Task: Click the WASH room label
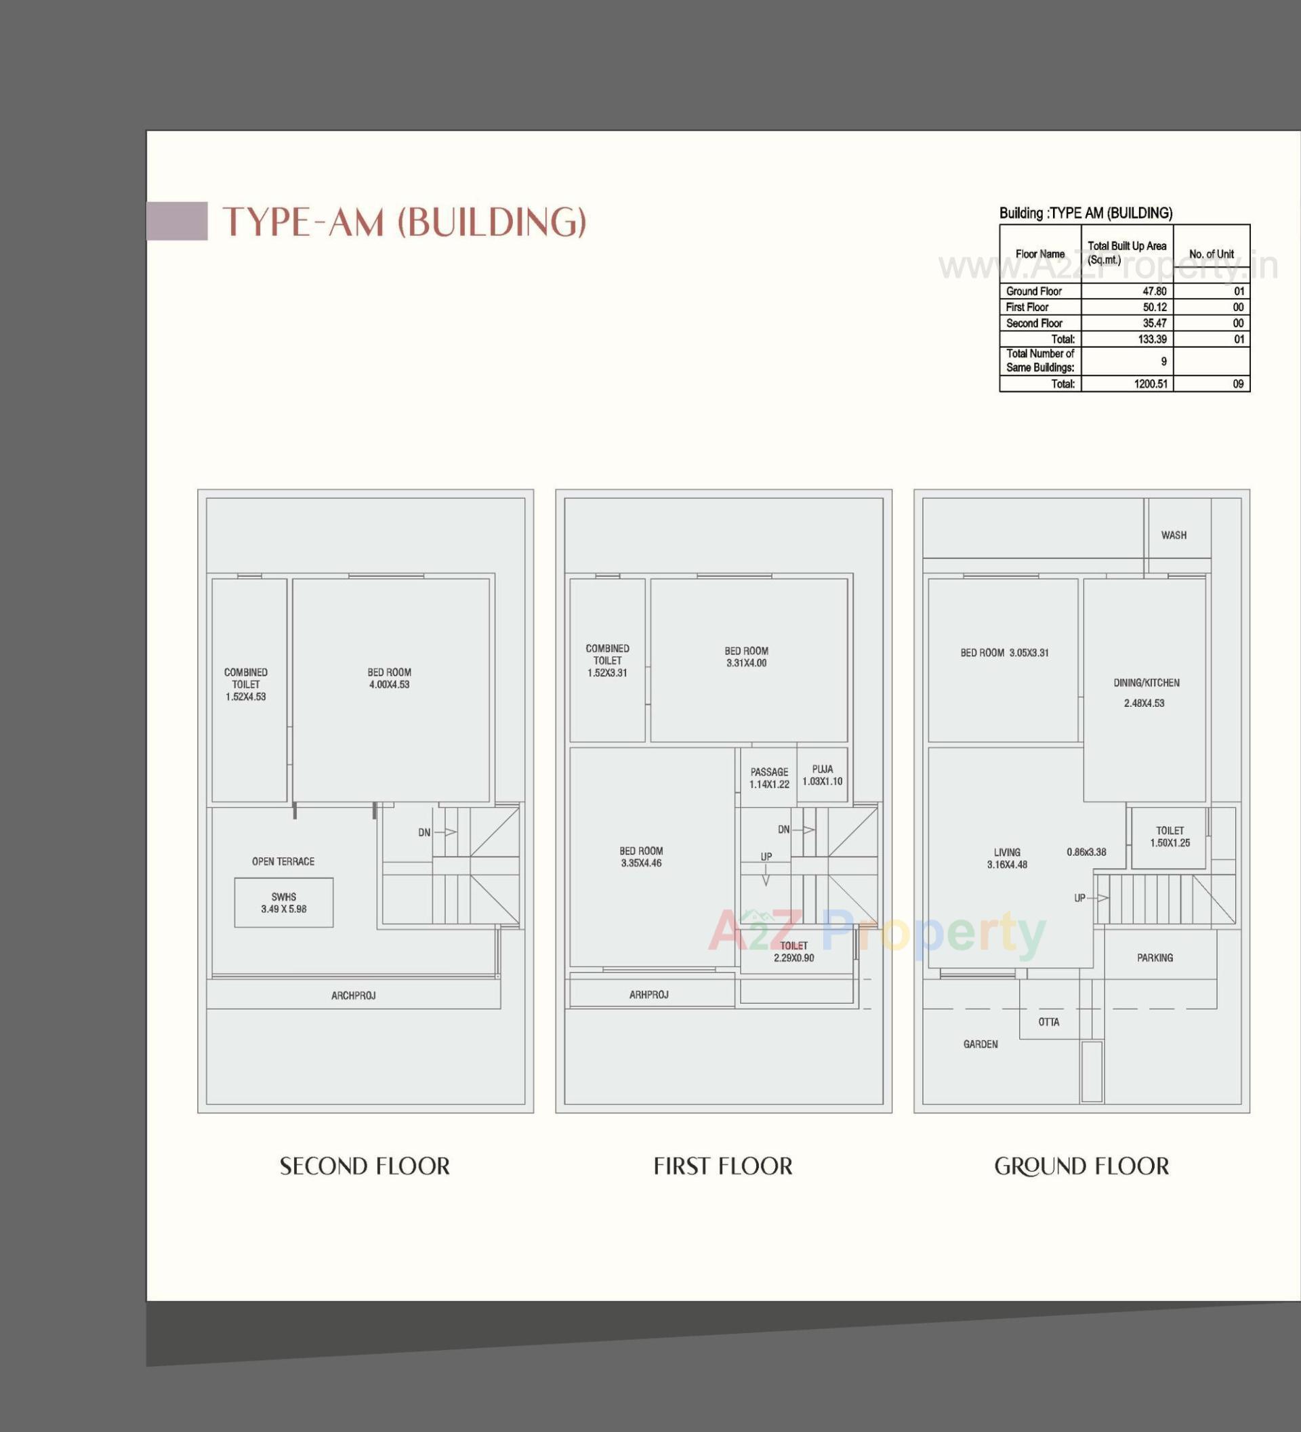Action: click(x=1173, y=535)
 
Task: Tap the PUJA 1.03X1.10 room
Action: click(x=823, y=775)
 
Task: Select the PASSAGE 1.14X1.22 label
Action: click(x=769, y=778)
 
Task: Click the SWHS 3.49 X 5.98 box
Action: click(x=283, y=903)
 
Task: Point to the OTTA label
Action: click(x=1048, y=1022)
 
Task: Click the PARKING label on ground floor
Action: click(x=1155, y=958)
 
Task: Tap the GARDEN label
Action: click(x=980, y=1044)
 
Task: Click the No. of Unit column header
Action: click(x=1212, y=253)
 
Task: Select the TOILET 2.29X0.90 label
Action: click(x=793, y=951)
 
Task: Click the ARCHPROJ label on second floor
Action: click(x=353, y=996)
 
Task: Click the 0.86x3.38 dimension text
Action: click(x=1086, y=852)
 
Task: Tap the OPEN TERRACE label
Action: click(x=283, y=861)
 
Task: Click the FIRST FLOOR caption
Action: click(x=722, y=1166)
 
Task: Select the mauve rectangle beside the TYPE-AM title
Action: click(x=177, y=221)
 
